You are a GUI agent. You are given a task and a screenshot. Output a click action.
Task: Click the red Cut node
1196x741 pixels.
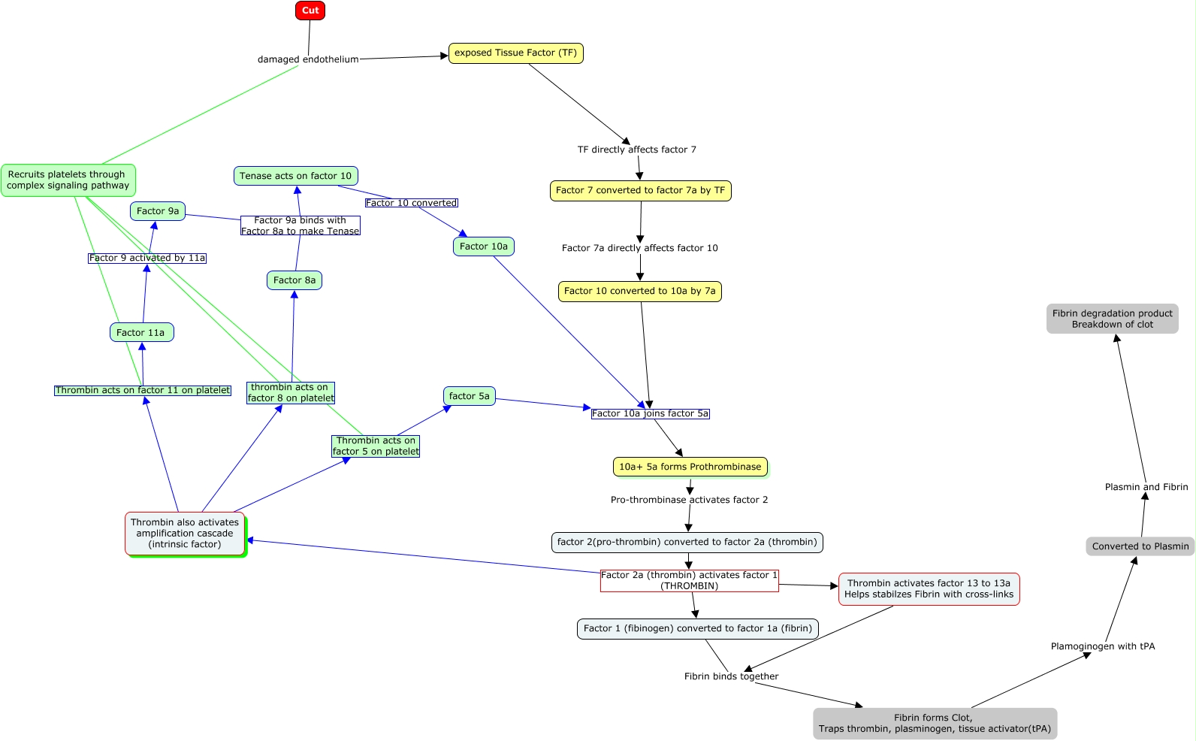coord(310,11)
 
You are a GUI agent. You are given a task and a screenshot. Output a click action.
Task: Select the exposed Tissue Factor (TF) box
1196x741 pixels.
coord(515,53)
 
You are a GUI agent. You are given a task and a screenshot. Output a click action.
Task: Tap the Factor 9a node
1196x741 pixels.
coord(158,211)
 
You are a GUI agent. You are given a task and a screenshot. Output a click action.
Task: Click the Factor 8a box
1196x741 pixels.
coord(294,280)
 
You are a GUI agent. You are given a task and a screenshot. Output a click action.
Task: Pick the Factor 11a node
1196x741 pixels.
coord(141,333)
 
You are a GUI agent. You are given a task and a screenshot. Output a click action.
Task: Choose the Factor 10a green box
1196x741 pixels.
coord(484,246)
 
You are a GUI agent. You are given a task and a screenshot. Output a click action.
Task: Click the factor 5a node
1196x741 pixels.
coord(469,396)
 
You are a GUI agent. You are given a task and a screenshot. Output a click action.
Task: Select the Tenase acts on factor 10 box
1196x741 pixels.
coord(295,176)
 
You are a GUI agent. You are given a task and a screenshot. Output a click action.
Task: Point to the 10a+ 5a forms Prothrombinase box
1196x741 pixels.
coord(690,467)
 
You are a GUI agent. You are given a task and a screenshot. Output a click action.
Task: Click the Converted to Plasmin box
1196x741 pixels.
coord(1140,546)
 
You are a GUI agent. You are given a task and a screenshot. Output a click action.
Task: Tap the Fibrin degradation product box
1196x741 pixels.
coord(1112,319)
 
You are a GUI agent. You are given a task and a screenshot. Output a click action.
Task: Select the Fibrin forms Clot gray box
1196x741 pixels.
coord(935,723)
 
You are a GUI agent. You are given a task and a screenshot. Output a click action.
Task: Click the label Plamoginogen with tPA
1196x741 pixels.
coord(1102,646)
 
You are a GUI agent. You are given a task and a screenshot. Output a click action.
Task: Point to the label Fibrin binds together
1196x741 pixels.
coord(731,676)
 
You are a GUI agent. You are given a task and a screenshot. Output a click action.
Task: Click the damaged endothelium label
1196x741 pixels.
coord(308,59)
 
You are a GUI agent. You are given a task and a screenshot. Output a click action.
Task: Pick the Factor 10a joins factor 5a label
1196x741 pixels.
coord(650,413)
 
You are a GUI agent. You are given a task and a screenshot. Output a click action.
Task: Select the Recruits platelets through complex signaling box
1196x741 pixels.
coord(68,180)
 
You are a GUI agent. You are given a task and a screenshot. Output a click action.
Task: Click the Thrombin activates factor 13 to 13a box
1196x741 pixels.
coord(929,588)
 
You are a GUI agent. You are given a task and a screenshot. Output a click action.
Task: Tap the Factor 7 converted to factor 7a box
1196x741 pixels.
coord(640,191)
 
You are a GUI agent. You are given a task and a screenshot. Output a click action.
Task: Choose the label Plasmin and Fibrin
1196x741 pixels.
coord(1146,487)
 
